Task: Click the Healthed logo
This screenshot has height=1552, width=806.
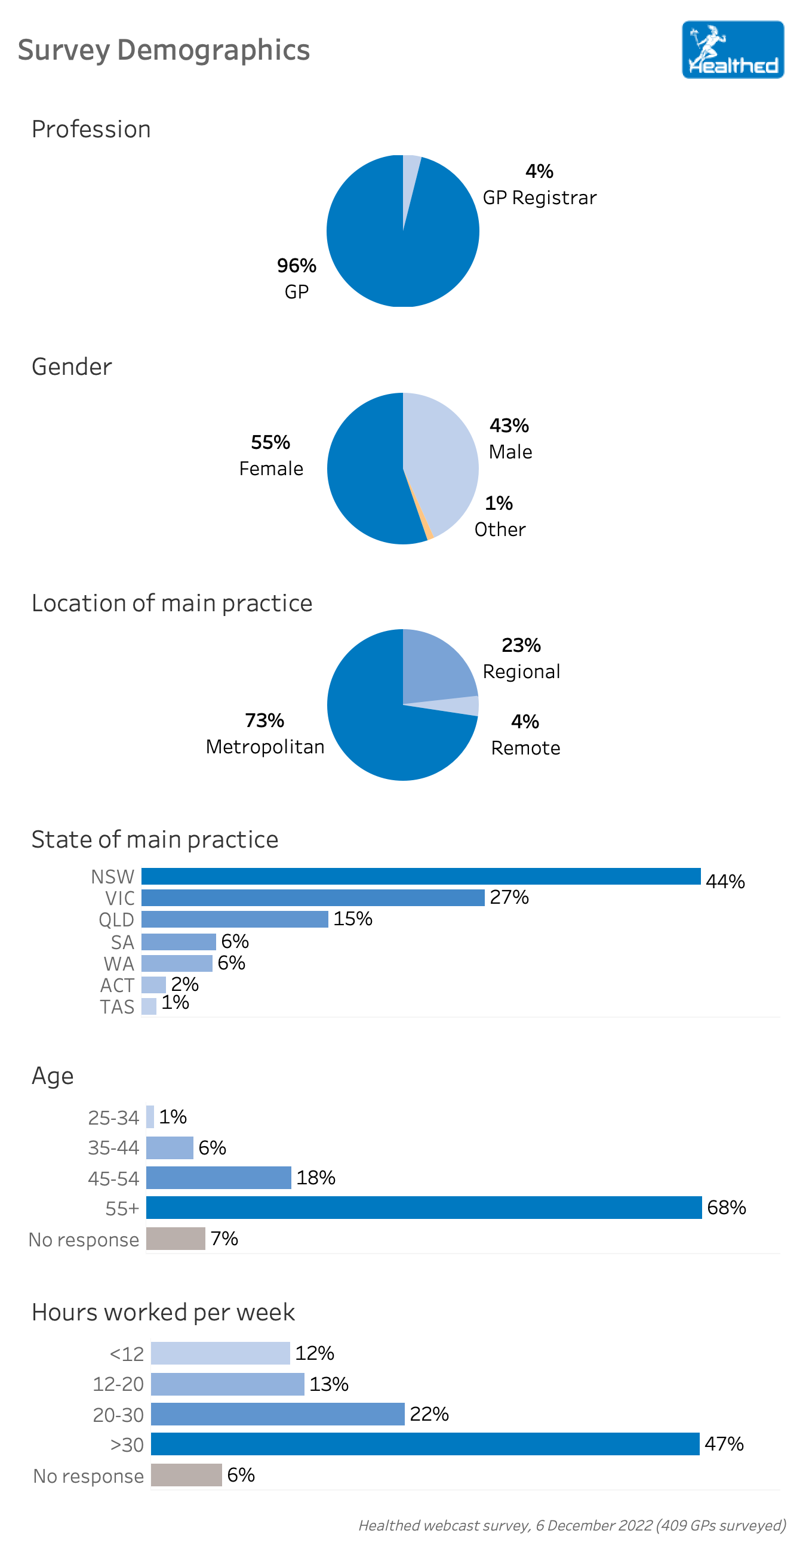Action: tap(732, 50)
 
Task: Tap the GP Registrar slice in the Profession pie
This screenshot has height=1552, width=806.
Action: tap(409, 181)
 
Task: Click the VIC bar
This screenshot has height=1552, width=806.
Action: tap(313, 897)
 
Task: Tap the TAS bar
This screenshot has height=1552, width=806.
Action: tap(149, 1006)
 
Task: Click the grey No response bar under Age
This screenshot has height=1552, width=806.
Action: tap(176, 1238)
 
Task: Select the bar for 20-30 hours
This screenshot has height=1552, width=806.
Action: tap(277, 1414)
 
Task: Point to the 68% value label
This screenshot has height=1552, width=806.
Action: tap(726, 1207)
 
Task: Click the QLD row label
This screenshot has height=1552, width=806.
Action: tap(116, 919)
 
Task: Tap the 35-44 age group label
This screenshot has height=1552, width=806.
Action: tap(113, 1147)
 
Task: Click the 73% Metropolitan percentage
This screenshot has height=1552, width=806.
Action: tap(264, 720)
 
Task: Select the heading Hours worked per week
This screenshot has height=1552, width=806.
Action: tap(163, 1311)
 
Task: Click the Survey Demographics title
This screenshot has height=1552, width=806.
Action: tap(164, 50)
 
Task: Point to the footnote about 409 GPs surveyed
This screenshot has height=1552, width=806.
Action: tap(572, 1525)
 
